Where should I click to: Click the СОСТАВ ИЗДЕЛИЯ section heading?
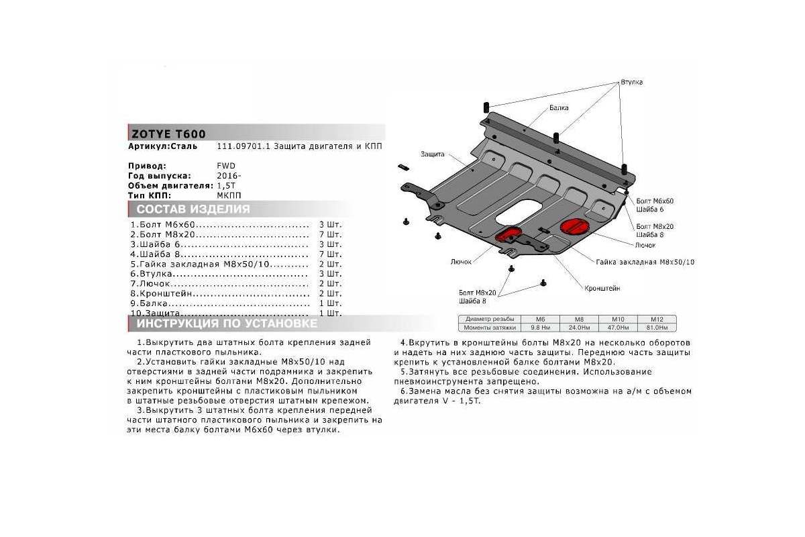point(193,209)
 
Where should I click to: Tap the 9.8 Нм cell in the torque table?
point(541,328)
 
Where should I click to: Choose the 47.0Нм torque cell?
point(619,328)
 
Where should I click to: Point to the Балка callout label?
point(558,107)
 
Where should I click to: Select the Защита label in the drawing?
point(433,154)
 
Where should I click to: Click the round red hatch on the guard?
point(574,226)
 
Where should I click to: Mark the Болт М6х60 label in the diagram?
point(654,201)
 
